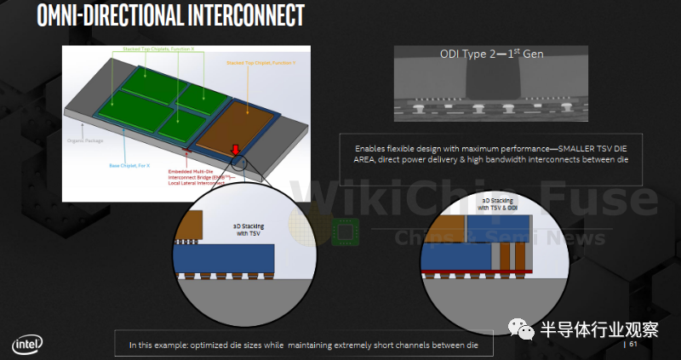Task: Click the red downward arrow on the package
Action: pyautogui.click(x=235, y=151)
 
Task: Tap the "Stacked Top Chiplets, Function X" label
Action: pyautogui.click(x=170, y=49)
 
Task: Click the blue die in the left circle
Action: pyautogui.click(x=225, y=257)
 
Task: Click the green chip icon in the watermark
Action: pyautogui.click(x=344, y=232)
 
